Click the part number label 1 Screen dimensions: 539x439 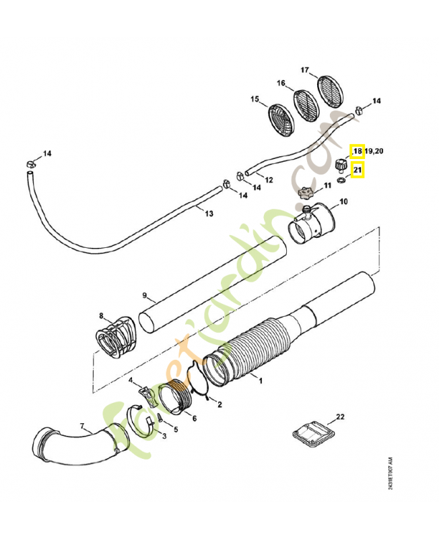[x=261, y=381]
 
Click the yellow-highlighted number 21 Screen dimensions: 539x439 [x=358, y=170]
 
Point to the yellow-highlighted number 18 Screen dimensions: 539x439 [x=357, y=151]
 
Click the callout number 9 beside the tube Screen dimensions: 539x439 [x=144, y=294]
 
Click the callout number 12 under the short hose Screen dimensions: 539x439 [x=269, y=180]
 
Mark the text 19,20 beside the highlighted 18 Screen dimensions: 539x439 [x=375, y=151]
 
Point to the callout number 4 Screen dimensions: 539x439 [x=131, y=381]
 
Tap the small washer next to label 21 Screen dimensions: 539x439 [x=342, y=180]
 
